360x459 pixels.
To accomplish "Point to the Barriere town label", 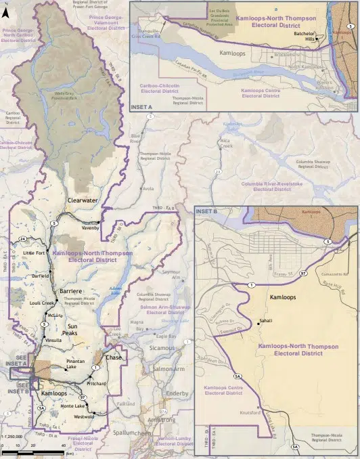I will (71, 290).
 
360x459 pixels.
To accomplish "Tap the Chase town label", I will (114, 357).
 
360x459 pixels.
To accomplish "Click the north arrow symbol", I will (6, 10).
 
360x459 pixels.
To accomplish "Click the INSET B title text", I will (206, 212).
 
